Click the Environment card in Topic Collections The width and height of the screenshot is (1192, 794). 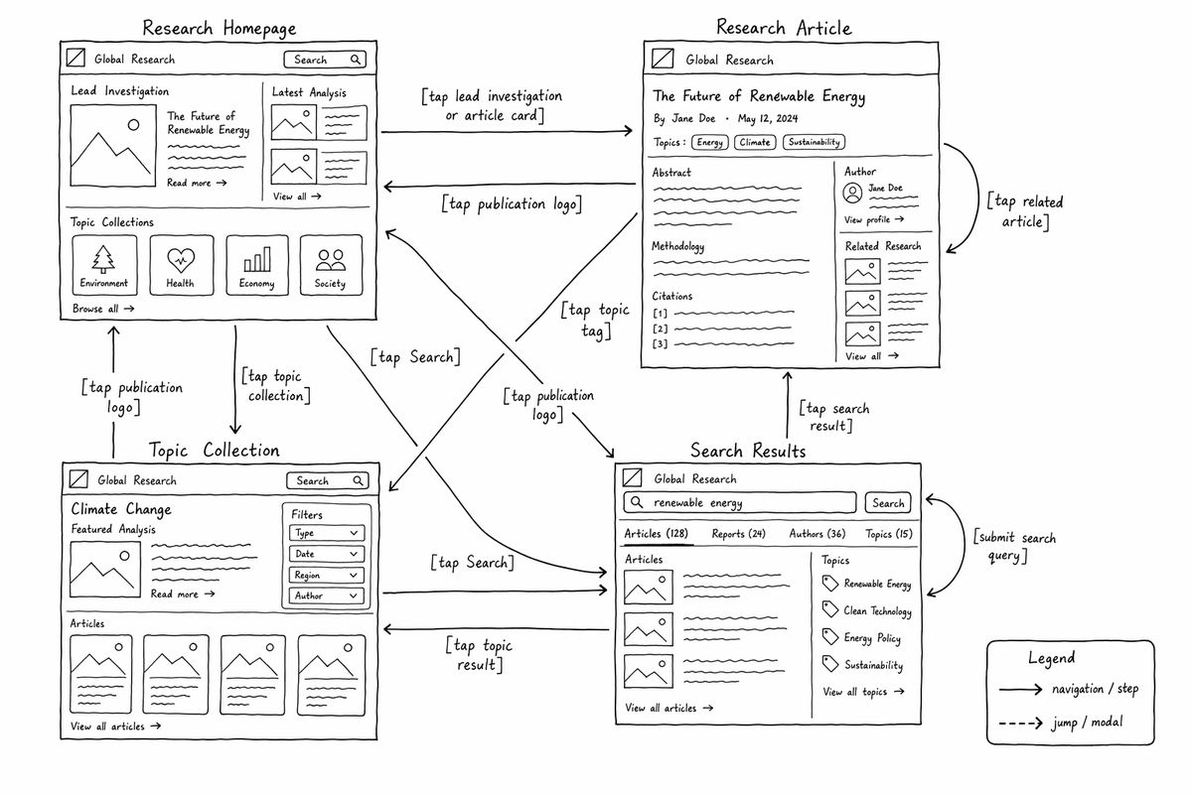[x=104, y=265]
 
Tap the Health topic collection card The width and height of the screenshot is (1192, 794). [x=182, y=265]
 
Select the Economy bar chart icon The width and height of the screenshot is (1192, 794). [x=257, y=259]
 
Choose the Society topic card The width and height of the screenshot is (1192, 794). [x=331, y=265]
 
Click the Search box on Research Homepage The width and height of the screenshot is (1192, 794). [x=325, y=60]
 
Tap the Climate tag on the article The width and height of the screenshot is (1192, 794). [x=755, y=142]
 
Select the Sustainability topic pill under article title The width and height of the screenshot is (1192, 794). [x=814, y=142]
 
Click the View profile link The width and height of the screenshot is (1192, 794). [x=874, y=219]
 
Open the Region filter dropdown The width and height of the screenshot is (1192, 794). [x=327, y=575]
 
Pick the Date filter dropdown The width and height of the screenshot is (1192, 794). [x=327, y=554]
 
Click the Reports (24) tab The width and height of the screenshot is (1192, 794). [x=739, y=533]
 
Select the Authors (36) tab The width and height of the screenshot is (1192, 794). [x=818, y=533]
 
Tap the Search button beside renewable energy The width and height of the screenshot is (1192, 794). [x=888, y=502]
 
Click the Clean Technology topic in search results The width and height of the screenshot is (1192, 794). [x=867, y=610]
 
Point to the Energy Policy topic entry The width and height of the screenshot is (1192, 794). [x=861, y=637]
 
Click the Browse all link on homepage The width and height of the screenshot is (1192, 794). [x=103, y=309]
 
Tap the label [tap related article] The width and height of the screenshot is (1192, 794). [x=1025, y=211]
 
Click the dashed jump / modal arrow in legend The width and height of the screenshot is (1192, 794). [x=1020, y=724]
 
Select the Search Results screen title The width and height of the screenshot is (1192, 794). [x=748, y=451]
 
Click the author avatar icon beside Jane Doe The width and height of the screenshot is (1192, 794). [x=852, y=193]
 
